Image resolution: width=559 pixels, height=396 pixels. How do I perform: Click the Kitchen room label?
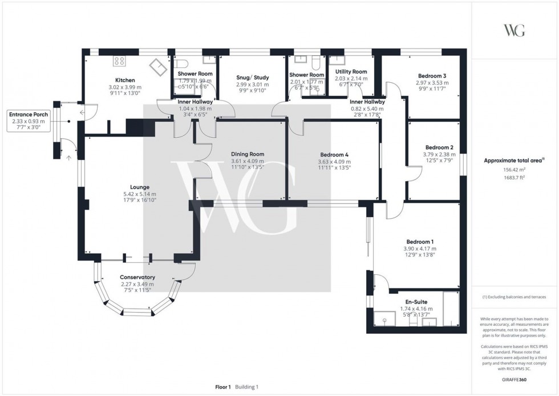pos(125,80)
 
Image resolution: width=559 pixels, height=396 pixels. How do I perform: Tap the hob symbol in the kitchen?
pos(120,61)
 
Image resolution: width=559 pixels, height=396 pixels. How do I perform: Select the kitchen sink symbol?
pos(156,69)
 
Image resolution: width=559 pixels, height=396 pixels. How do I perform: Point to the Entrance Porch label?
pos(29,114)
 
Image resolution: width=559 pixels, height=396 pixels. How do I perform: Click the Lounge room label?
pos(140,187)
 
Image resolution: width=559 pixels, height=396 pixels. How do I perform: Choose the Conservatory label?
pos(137,277)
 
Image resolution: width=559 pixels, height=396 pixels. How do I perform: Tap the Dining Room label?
pos(248,154)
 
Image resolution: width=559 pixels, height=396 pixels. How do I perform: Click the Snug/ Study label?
pos(252,77)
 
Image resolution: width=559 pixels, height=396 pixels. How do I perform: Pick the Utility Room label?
pos(351,71)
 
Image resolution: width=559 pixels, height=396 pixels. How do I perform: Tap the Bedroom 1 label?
pos(420,241)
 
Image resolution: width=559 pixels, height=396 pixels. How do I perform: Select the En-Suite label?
pos(416,302)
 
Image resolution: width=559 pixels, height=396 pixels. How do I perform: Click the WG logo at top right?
pos(515,31)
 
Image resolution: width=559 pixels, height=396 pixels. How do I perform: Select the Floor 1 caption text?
pos(222,387)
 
